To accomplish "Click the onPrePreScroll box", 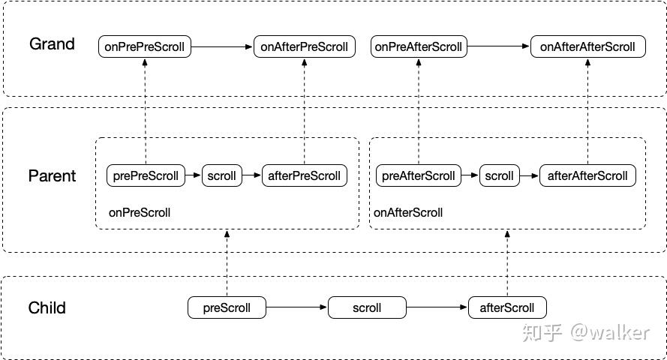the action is (145, 46).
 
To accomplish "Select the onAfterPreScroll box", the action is (304, 46).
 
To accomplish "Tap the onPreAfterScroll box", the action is (419, 46).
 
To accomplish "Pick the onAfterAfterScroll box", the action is (588, 46).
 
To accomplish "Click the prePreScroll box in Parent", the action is (146, 175).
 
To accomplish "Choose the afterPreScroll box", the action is (304, 175).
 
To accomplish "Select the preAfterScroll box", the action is (419, 175).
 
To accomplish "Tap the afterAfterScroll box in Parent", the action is (588, 175).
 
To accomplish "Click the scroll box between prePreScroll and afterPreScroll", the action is (221, 175).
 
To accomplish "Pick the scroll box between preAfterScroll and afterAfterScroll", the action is (500, 175).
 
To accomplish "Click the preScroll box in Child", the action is (227, 307).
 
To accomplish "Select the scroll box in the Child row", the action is (367, 307).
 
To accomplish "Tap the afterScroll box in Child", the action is (507, 307).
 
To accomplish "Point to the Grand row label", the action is (52, 43).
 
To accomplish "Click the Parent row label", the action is (52, 176).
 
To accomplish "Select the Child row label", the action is (47, 307).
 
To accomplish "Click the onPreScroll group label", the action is (140, 212).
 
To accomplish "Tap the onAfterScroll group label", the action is (408, 212).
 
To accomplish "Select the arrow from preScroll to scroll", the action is (297, 307).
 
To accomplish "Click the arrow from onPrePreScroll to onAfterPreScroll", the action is (222, 46).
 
